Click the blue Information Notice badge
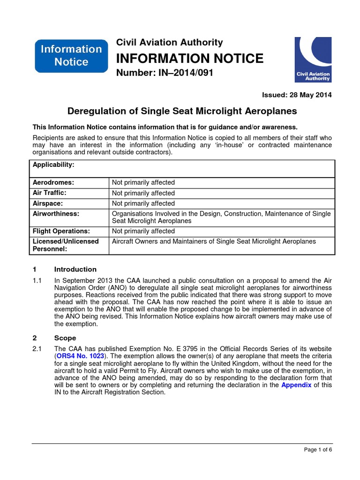(x=68, y=55)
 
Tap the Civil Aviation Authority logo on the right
(x=312, y=60)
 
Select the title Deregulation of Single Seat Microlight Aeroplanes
(x=182, y=111)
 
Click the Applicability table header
(x=53, y=165)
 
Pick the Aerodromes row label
(x=53, y=182)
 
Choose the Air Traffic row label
(x=50, y=193)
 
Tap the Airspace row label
(x=48, y=203)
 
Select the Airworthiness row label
(x=56, y=213)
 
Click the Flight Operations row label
(x=61, y=231)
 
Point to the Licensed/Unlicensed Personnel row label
(x=66, y=245)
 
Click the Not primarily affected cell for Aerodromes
(x=143, y=183)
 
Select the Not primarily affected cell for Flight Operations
(x=143, y=231)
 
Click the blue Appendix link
(x=296, y=385)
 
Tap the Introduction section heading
(x=75, y=269)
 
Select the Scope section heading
(x=65, y=337)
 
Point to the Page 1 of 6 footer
(x=318, y=450)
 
